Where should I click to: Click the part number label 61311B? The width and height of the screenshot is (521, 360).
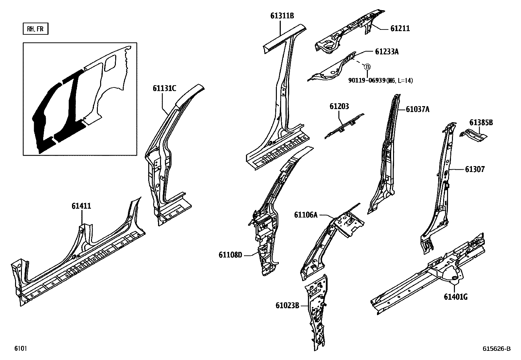[282, 15]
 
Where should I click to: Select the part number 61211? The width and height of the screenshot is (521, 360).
[400, 29]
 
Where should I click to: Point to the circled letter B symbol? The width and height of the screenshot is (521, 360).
[367, 66]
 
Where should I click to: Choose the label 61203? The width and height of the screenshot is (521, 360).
[339, 106]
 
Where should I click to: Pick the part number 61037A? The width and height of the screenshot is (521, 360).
[417, 109]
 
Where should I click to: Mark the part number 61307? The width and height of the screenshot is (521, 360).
[475, 169]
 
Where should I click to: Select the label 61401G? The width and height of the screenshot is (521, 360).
[455, 297]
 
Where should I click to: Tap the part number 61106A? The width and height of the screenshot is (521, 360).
[306, 215]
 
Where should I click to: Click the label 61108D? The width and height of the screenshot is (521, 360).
[230, 255]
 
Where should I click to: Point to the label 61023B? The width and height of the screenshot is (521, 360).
[287, 306]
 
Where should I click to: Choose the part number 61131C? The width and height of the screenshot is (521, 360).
[164, 88]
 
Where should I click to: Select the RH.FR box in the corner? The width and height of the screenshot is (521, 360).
[35, 29]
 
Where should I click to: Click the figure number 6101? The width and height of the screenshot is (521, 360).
[20, 349]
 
